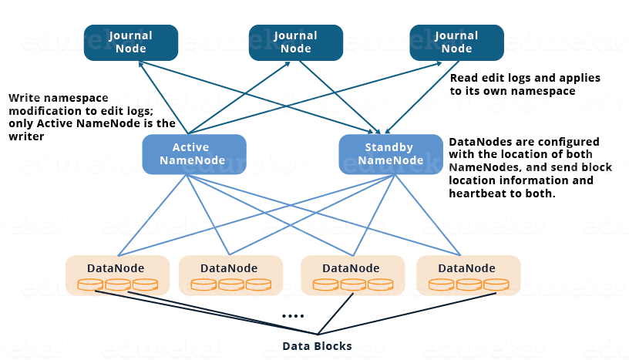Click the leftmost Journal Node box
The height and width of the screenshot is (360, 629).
click(x=131, y=42)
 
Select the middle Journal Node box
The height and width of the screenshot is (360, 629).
click(x=295, y=42)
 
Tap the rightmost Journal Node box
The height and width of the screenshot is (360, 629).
click(x=456, y=42)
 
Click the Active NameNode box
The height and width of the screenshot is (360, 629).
click(x=194, y=154)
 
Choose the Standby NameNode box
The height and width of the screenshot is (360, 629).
click(x=391, y=154)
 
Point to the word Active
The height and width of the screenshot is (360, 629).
click(x=190, y=147)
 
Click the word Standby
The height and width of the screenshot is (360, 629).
click(x=390, y=147)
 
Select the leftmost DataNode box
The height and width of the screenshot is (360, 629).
click(x=117, y=275)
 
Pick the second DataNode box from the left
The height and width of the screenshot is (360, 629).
click(x=230, y=275)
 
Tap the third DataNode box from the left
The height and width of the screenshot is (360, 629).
click(x=352, y=275)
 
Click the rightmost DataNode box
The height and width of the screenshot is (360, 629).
click(x=468, y=275)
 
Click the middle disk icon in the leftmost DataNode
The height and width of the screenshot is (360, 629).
click(x=117, y=285)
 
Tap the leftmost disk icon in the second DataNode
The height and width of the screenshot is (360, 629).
click(x=203, y=285)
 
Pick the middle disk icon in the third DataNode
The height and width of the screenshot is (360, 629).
click(x=353, y=285)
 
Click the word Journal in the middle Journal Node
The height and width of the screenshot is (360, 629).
click(x=295, y=35)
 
